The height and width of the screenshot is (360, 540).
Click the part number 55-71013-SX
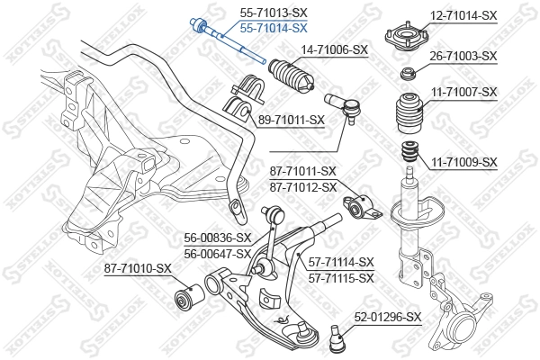click(x=273, y=13)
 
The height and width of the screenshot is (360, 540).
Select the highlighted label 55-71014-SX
click(x=273, y=29)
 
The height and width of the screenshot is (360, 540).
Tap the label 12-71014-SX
click(x=463, y=15)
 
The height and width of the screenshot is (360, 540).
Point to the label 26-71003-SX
click(x=463, y=56)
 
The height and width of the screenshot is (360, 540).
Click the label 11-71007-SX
click(x=463, y=92)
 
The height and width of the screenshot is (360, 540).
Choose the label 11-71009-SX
click(x=463, y=162)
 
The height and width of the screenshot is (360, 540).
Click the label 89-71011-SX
click(x=291, y=119)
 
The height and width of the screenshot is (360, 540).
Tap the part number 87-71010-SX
click(x=138, y=267)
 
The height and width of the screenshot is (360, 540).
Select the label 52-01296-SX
click(x=387, y=317)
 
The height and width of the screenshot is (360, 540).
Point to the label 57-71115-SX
click(x=340, y=278)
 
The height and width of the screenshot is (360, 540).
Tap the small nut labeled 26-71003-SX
click(x=408, y=72)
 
